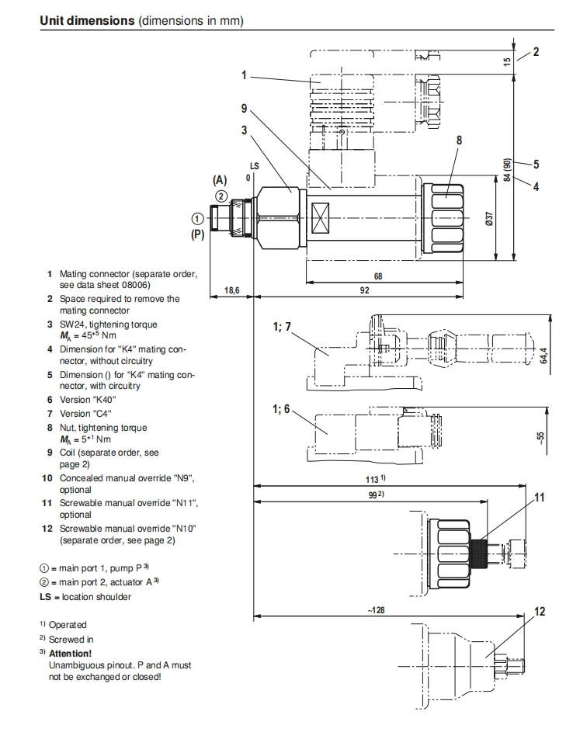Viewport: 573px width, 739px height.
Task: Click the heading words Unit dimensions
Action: pyautogui.click(x=87, y=21)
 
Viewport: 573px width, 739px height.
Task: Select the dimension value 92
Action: pyautogui.click(x=364, y=290)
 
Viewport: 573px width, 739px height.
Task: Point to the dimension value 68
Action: pyautogui.click(x=378, y=276)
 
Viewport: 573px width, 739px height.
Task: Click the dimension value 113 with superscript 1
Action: pyautogui.click(x=379, y=478)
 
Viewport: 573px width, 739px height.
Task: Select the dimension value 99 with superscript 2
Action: pyautogui.click(x=378, y=495)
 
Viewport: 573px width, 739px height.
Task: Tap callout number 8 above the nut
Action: pyautogui.click(x=459, y=141)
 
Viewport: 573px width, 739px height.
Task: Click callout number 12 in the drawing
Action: pyautogui.click(x=540, y=612)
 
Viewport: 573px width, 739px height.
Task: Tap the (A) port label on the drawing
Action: pyautogui.click(x=220, y=179)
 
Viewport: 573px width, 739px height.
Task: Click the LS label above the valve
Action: pyautogui.click(x=254, y=166)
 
